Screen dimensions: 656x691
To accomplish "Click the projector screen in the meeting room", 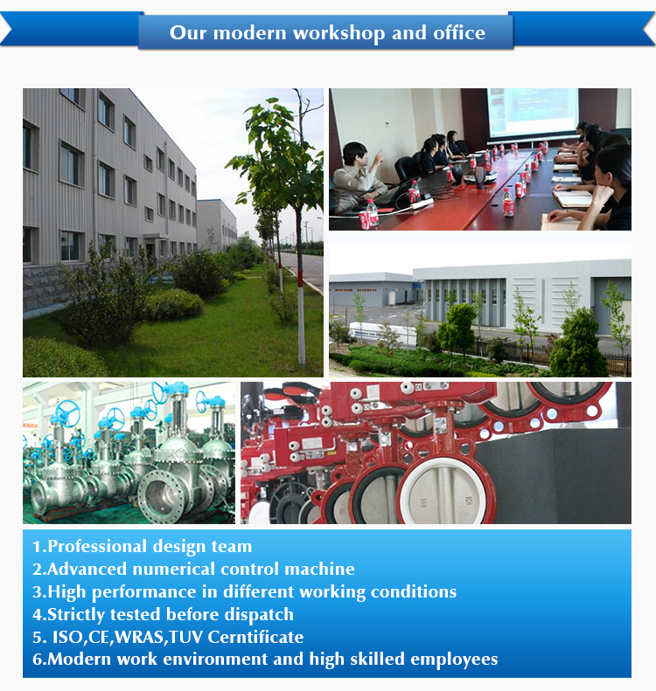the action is (533, 113).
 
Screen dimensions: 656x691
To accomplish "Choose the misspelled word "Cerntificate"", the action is (255, 637).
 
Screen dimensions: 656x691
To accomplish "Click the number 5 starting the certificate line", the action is (37, 637).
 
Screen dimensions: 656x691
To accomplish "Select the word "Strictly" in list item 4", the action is (76, 614).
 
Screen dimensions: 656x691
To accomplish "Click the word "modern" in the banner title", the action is (249, 33).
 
